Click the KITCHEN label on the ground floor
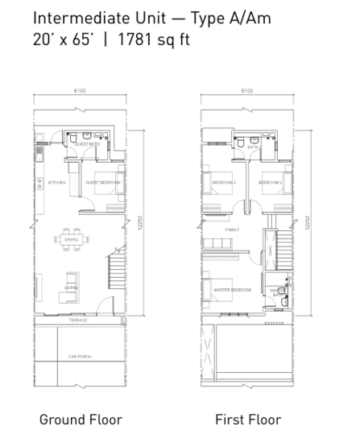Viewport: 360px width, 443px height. pyautogui.click(x=56, y=183)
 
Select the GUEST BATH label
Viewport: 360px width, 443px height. pyautogui.click(x=87, y=145)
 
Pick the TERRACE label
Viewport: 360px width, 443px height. pyautogui.click(x=77, y=320)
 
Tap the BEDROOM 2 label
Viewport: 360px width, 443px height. pyautogui.click(x=223, y=183)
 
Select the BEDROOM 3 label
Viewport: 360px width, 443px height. pyautogui.click(x=269, y=183)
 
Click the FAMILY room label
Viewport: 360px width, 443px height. pyautogui.click(x=232, y=230)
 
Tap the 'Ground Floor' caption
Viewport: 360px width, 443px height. pyautogui.click(x=81, y=419)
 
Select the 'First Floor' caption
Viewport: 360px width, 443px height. pyautogui.click(x=248, y=419)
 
